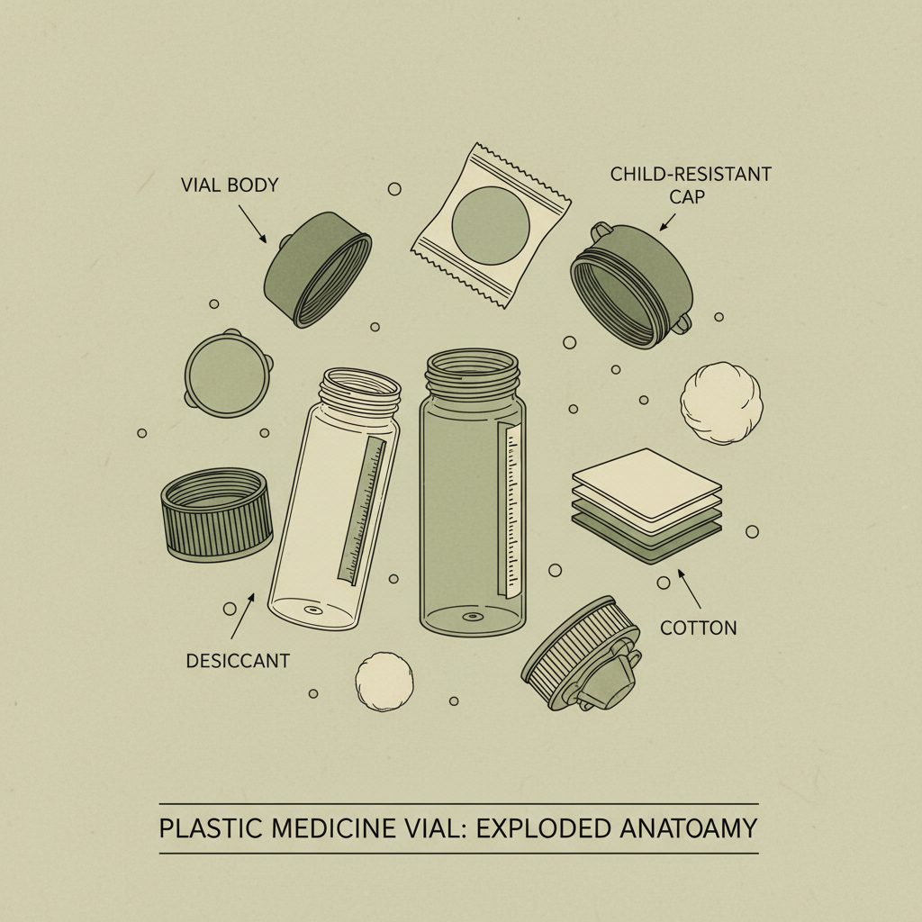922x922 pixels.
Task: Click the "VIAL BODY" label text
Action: (x=230, y=185)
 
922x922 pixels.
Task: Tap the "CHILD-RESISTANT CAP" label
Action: (x=691, y=184)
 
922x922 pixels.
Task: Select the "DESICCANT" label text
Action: (x=238, y=660)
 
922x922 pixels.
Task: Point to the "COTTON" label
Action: (x=699, y=628)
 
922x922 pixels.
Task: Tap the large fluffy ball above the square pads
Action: (x=721, y=402)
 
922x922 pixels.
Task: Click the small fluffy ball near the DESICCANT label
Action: (x=384, y=679)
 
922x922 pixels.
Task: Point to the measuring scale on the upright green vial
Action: (x=513, y=508)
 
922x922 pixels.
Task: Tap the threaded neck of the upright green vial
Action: (x=473, y=370)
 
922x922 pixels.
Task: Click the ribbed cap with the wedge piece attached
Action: (x=581, y=654)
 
